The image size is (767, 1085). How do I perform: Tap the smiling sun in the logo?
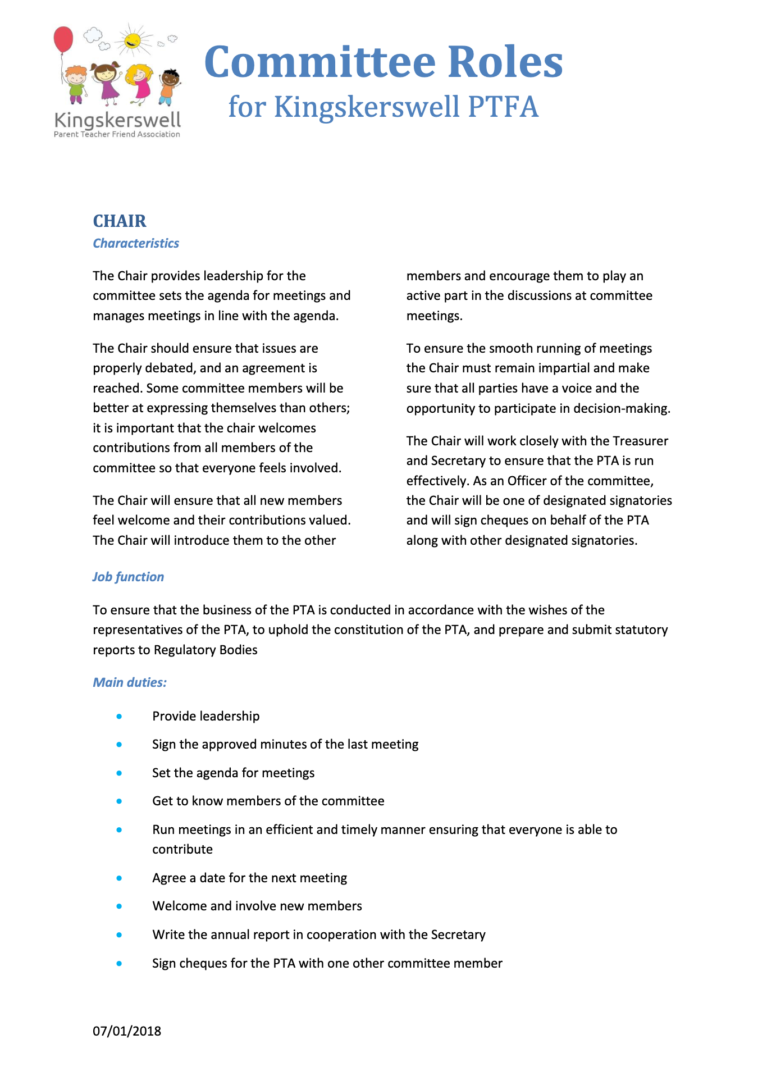pos(133,40)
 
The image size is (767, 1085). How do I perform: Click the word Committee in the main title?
pos(320,62)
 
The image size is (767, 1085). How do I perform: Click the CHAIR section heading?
pos(120,221)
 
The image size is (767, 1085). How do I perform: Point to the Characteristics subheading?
pos(136,243)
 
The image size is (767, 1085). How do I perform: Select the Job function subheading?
pos(128,577)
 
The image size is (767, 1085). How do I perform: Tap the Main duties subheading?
pos(130,682)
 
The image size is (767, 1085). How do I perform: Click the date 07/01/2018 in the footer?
pos(127,1031)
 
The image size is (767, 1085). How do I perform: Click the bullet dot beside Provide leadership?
pos(119,716)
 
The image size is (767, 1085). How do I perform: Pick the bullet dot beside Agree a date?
pos(119,878)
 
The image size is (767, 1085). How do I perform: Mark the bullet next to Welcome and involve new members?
pos(119,906)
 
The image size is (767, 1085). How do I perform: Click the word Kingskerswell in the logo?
pos(117,120)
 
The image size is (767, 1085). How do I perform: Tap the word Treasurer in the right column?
pos(640,441)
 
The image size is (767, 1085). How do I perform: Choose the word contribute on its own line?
pos(182,849)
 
